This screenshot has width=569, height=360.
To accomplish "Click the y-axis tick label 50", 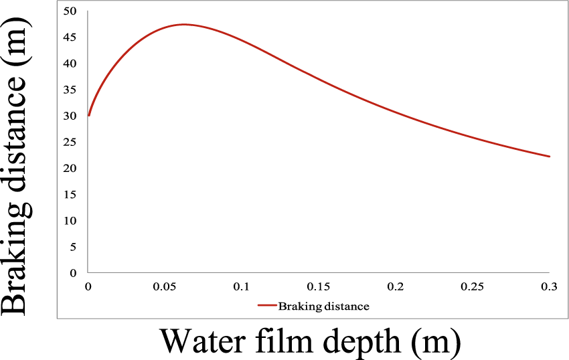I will pos(71,11).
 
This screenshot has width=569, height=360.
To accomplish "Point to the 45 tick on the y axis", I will pos(71,37).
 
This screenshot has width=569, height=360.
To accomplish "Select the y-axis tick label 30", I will pos(71,116).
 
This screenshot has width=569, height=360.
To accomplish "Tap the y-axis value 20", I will pos(71,168).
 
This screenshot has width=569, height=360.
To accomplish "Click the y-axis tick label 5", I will pos(74,247).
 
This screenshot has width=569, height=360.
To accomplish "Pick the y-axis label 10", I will pos(71,221).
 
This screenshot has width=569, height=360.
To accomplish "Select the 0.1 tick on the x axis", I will pos(242,286).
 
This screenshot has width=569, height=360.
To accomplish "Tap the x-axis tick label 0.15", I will pos(318,286).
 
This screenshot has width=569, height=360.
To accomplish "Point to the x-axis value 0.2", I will pos(396,286).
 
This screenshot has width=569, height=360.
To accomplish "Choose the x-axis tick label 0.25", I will pos(472,286).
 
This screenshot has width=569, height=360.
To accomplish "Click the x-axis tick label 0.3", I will pos(550,286).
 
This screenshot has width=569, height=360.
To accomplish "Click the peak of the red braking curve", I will pos(183,24).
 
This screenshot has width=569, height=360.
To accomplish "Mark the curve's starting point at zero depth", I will pos(88,116).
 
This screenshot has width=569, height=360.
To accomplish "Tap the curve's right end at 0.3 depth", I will pos(550,157).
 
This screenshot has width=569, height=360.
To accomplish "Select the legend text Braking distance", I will pos(324,306).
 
